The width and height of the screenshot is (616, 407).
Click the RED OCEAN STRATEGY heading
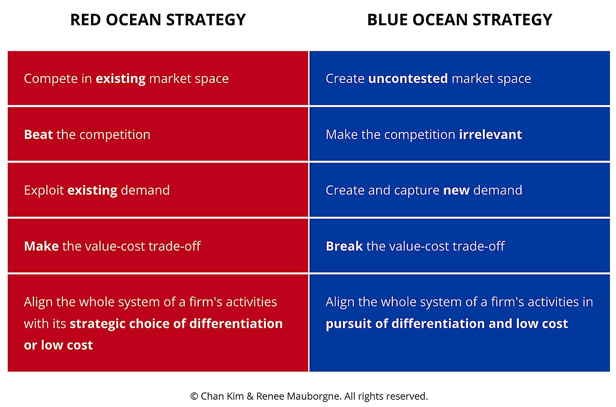(x=158, y=20)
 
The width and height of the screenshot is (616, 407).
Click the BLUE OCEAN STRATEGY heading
(x=460, y=20)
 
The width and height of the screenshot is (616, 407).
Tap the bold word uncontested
(x=408, y=78)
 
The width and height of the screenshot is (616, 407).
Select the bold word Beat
(x=38, y=135)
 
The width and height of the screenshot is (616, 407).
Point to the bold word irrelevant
(x=490, y=135)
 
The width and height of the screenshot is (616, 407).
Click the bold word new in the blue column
(x=456, y=190)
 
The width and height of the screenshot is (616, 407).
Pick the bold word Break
(x=344, y=246)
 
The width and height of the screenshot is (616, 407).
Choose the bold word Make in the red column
(x=41, y=246)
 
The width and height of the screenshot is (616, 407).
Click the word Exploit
(x=44, y=190)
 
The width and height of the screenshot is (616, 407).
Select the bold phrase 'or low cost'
(x=58, y=345)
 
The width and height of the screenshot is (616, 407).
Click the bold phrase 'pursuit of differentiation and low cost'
(x=447, y=324)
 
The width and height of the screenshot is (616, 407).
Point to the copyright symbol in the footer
(x=194, y=396)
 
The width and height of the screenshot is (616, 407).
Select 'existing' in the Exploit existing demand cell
(x=92, y=190)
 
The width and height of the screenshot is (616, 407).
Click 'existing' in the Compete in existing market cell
(x=121, y=79)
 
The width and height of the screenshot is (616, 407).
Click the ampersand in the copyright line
(x=250, y=396)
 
